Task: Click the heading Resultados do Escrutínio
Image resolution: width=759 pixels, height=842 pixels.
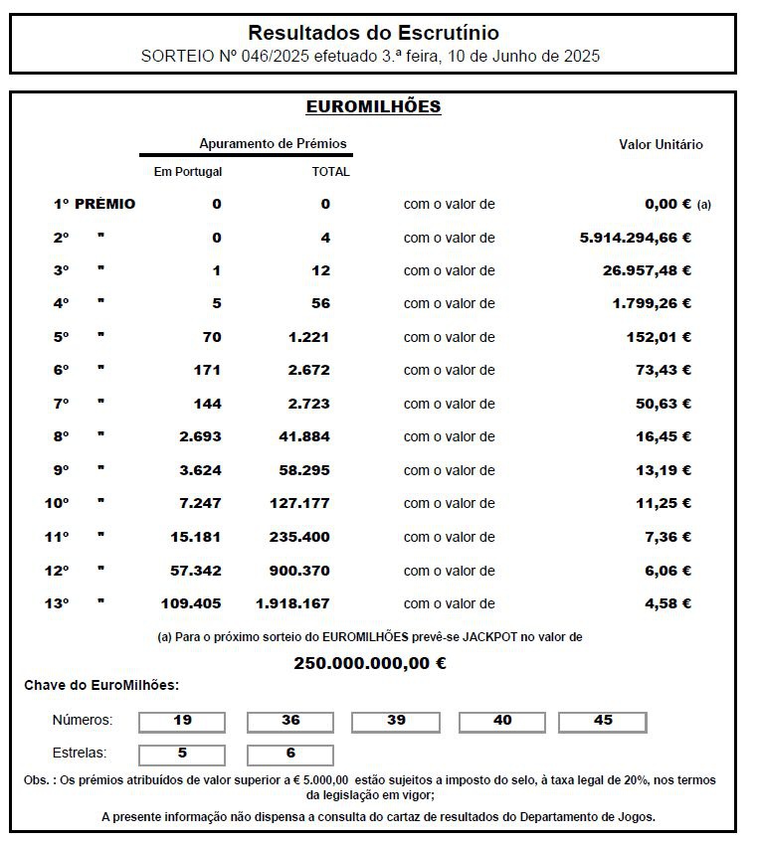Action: (373, 34)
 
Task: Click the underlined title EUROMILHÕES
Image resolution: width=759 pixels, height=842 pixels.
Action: (373, 106)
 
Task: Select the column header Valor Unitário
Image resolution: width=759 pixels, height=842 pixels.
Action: (661, 144)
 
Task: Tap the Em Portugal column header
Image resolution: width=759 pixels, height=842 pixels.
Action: (188, 171)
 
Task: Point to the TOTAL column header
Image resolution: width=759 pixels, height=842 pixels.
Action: (331, 171)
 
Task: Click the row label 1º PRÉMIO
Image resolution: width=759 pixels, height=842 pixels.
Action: (95, 204)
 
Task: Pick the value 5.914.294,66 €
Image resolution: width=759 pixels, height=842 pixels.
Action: (635, 238)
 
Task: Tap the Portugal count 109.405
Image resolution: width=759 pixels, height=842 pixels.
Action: (191, 603)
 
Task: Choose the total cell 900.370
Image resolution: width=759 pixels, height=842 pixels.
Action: (299, 571)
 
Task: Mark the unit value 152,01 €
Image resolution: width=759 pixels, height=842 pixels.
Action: (659, 337)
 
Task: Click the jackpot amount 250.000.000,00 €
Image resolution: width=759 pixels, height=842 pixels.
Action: (370, 663)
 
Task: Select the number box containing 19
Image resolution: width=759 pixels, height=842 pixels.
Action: (182, 721)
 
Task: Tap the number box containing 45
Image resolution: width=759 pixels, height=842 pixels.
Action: (603, 721)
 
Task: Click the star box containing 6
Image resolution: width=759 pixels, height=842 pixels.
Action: (290, 754)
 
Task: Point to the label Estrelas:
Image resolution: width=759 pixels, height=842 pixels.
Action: (79, 754)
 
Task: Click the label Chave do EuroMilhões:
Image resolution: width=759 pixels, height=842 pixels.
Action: (101, 686)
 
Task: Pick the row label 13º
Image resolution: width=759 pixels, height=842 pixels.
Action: (57, 603)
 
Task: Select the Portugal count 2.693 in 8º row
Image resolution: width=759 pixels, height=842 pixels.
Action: (200, 436)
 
